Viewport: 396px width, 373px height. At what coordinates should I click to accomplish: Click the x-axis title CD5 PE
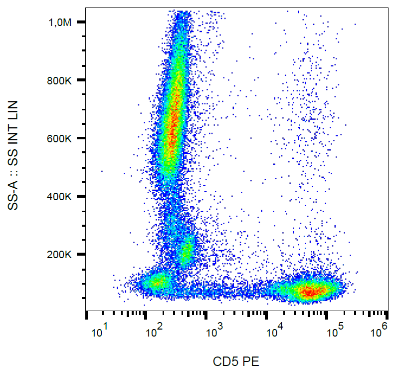tap(236, 361)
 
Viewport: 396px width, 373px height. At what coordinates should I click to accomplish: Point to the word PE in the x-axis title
tap(251, 361)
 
